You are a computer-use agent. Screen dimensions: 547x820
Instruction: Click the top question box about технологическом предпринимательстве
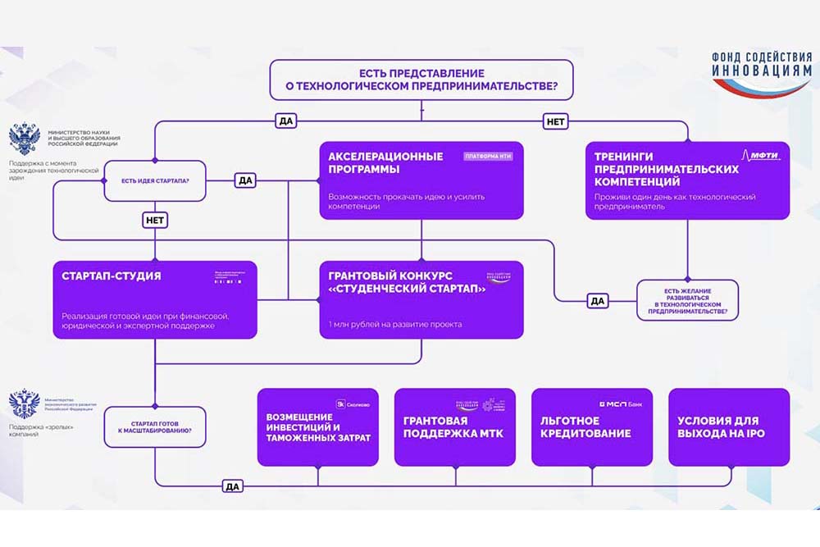click(421, 80)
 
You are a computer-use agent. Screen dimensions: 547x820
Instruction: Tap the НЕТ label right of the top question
click(555, 121)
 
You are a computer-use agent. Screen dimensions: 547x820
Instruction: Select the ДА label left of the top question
click(286, 121)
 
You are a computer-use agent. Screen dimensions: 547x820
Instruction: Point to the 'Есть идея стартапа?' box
click(154, 180)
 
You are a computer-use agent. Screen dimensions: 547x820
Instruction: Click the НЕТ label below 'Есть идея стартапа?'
click(154, 221)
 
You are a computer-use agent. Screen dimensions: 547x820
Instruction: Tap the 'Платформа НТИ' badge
click(488, 156)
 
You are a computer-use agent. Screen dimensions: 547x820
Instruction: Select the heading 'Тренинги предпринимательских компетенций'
click(666, 168)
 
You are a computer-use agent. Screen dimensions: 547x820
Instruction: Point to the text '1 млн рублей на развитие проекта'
click(394, 324)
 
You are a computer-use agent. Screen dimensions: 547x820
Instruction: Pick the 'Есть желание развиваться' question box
click(687, 300)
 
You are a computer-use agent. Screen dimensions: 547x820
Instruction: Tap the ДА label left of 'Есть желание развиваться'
click(598, 301)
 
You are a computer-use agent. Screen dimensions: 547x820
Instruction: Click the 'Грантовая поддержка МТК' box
click(454, 427)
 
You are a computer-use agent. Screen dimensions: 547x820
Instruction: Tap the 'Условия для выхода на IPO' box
click(728, 427)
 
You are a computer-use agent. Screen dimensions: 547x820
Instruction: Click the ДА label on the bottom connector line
click(232, 486)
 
